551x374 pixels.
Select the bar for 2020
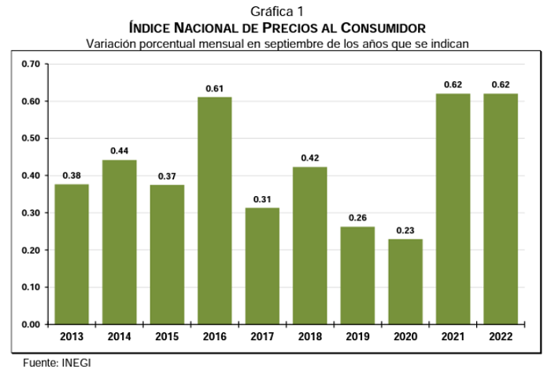pos(405,281)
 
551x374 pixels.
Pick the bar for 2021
pos(453,209)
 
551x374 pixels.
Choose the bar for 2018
pos(309,245)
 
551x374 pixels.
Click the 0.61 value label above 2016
pos(214,87)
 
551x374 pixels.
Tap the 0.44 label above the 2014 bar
pos(119,150)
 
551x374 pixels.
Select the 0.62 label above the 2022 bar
pos(500,84)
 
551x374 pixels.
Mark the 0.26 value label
pos(357,217)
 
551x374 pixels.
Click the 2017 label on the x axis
pos(262,338)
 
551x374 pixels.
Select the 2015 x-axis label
pos(167,338)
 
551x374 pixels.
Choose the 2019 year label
pos(357,338)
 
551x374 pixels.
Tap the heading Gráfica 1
pos(276,11)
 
